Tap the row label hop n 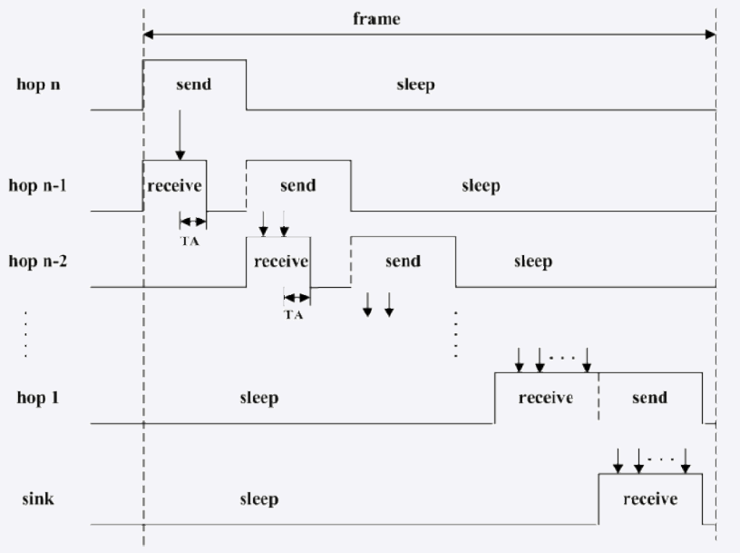pyautogui.click(x=37, y=84)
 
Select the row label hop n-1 pyautogui.click(x=44, y=185)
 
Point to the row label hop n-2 pyautogui.click(x=44, y=261)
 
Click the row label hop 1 pyautogui.click(x=37, y=398)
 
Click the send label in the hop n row pyautogui.click(x=192, y=84)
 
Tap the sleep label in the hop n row pyautogui.click(x=415, y=85)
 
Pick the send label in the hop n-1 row pyautogui.click(x=297, y=185)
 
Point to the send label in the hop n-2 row pyautogui.click(x=403, y=262)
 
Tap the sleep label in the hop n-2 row pyautogui.click(x=532, y=262)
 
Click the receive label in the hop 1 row pyautogui.click(x=545, y=398)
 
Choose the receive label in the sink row pyautogui.click(x=650, y=499)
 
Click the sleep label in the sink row pyautogui.click(x=258, y=499)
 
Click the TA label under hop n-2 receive pyautogui.click(x=295, y=315)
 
